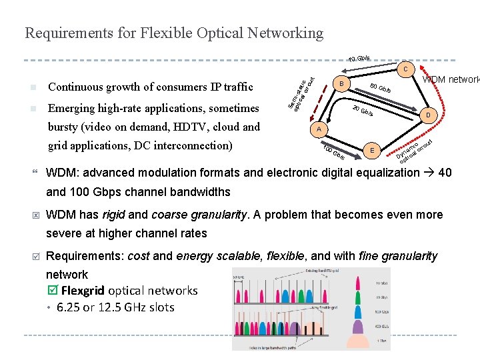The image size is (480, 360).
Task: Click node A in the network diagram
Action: pos(319,129)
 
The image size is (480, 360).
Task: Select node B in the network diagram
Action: pos(340,84)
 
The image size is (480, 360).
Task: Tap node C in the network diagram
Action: pos(406,68)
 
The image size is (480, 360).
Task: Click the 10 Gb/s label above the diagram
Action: pos(359,59)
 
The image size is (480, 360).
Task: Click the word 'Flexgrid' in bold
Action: pos(83,291)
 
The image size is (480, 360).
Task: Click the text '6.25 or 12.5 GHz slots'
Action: pos(115,307)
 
